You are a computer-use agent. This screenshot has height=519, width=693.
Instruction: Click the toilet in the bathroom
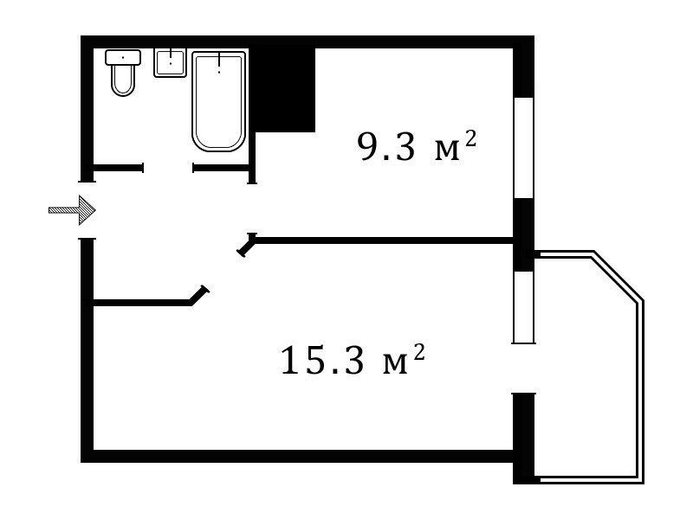click(x=123, y=73)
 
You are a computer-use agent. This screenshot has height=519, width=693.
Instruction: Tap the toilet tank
click(x=123, y=57)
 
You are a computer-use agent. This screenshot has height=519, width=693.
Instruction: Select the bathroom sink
click(x=170, y=62)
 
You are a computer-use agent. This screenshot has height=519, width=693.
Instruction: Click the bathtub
click(x=219, y=101)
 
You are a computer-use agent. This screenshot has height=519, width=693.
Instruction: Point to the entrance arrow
click(x=72, y=210)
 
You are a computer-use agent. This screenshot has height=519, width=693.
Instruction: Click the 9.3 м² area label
click(x=417, y=146)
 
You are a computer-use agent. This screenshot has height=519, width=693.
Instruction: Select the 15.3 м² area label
click(x=353, y=360)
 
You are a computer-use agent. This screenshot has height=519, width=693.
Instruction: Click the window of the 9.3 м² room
click(x=524, y=148)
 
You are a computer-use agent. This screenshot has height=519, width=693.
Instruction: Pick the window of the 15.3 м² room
click(x=524, y=307)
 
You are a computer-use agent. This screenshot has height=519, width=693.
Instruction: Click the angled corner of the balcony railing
click(x=618, y=276)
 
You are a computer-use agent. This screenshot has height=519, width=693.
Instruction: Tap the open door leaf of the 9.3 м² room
click(x=247, y=245)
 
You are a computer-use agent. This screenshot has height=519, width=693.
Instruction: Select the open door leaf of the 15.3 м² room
click(x=199, y=296)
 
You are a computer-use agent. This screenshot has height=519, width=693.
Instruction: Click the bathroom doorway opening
click(x=168, y=168)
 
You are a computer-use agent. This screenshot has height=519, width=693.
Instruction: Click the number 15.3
click(x=322, y=361)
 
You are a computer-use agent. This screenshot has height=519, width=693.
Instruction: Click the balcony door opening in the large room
click(x=524, y=368)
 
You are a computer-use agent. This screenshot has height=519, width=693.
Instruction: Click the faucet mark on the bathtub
click(x=219, y=62)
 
